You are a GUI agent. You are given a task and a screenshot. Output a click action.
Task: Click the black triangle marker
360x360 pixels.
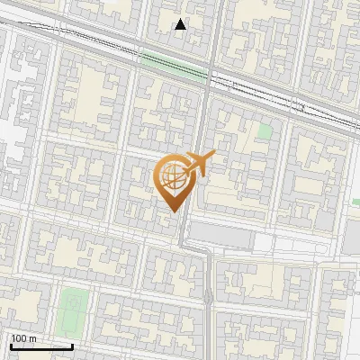click(181, 24)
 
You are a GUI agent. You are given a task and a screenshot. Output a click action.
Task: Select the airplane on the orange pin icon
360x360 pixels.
click(199, 166)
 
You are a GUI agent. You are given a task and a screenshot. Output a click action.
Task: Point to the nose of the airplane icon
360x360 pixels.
click(213, 157)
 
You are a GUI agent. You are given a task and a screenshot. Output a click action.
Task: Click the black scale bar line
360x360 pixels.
click(40, 346)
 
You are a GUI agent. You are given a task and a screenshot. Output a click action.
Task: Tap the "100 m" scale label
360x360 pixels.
click(23, 338)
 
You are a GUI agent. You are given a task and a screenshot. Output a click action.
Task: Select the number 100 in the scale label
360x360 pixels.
click(20, 338)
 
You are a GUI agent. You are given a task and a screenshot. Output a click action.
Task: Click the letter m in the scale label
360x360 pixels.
click(32, 338)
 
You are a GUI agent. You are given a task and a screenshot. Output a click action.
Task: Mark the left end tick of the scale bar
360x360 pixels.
click(10, 344)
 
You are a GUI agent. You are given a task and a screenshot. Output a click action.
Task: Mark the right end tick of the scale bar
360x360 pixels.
click(72, 344)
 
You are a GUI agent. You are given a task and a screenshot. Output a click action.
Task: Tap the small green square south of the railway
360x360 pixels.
click(264, 131)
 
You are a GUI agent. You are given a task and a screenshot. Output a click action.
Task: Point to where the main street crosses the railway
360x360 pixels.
click(210, 79)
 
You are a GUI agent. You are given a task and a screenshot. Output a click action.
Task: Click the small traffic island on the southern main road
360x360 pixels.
click(209, 296)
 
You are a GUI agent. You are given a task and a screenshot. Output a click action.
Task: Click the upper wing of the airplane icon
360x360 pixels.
click(202, 157)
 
